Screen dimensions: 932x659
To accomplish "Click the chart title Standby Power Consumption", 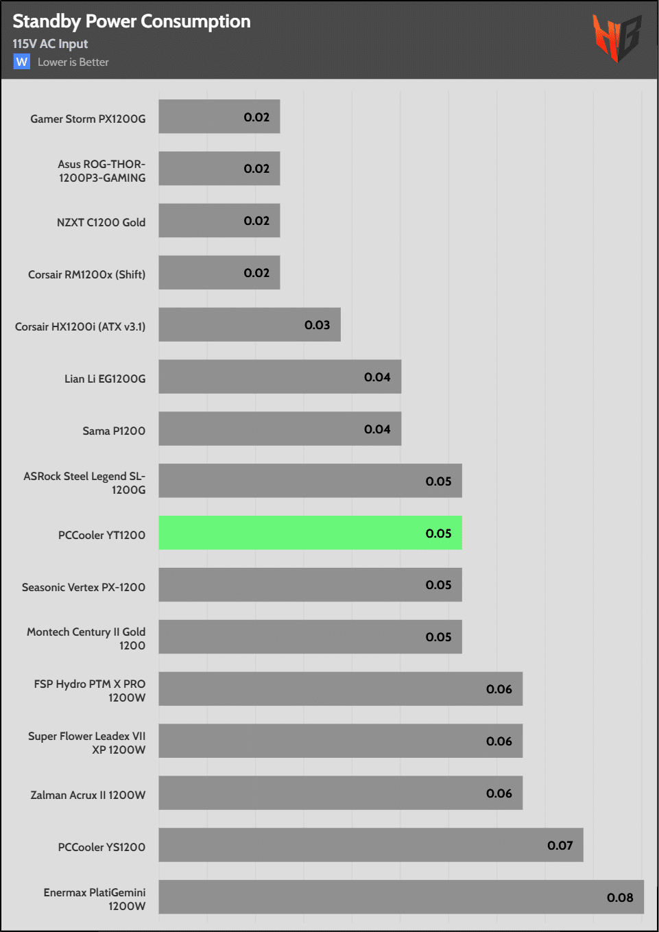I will [132, 22].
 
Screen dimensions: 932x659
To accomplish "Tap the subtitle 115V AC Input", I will [50, 44].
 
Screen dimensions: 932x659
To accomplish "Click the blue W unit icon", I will [22, 62].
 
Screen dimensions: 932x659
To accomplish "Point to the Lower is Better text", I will [73, 62].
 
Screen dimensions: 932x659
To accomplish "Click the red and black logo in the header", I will [616, 38].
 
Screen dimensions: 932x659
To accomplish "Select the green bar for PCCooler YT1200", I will [310, 533].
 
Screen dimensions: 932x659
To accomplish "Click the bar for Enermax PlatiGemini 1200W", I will [401, 897].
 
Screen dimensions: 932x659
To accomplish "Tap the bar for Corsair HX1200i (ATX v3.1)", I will [250, 324].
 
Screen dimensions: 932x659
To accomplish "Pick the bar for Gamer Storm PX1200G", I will [219, 117].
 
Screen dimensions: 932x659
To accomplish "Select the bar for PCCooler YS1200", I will [371, 845].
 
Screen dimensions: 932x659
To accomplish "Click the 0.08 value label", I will [620, 898].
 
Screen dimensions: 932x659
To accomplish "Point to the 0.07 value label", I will [560, 846].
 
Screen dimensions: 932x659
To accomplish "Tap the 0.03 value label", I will [317, 325].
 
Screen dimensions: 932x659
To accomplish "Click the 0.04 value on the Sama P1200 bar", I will [377, 429].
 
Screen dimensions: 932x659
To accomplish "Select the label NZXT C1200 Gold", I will [101, 222].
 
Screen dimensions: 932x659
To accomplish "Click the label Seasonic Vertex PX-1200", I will [84, 587].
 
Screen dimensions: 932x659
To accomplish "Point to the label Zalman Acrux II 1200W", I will [88, 795].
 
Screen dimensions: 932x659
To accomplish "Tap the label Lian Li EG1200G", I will [105, 379].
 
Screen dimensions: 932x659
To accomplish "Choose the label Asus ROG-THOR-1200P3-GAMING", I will [101, 171].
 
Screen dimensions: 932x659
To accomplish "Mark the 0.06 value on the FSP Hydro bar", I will [499, 689].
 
